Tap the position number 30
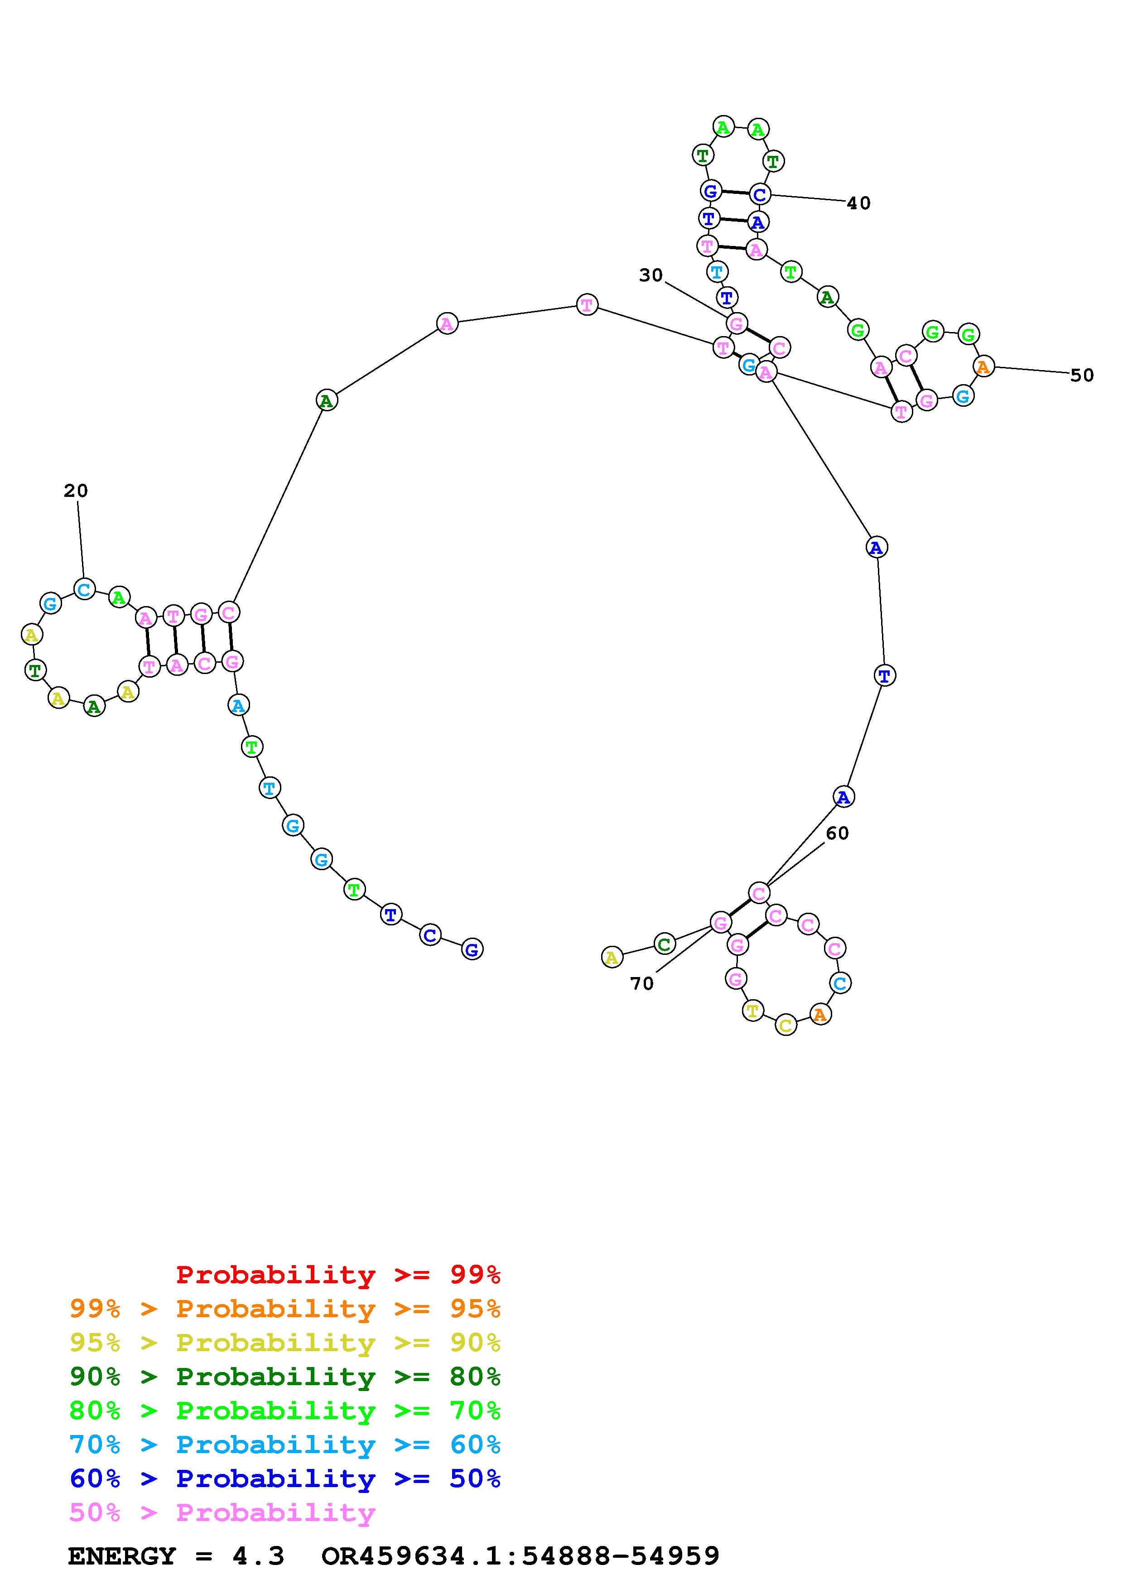tap(651, 275)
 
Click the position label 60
tap(837, 833)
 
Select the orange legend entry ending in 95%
tap(284, 1309)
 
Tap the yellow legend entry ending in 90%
tap(284, 1343)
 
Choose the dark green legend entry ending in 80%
tap(284, 1377)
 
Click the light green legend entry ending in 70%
tap(284, 1411)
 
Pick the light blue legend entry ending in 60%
tap(284, 1445)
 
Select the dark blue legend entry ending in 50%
tap(284, 1478)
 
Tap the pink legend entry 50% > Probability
tap(222, 1512)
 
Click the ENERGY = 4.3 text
tap(176, 1556)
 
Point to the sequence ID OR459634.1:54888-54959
tap(521, 1556)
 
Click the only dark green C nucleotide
tap(664, 944)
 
